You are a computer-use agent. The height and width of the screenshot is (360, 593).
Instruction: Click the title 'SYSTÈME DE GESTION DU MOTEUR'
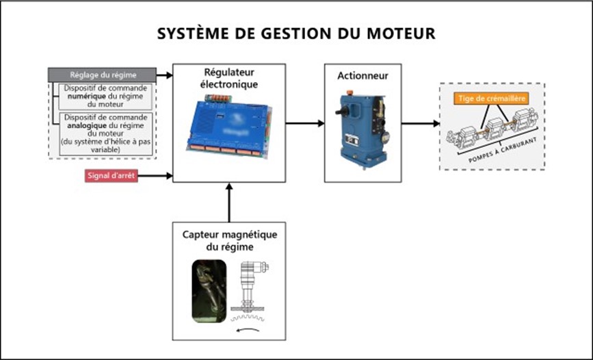296,34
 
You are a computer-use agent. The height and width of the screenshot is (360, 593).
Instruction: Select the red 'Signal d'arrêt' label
111,176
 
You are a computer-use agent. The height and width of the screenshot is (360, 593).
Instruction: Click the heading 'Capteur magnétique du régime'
229,240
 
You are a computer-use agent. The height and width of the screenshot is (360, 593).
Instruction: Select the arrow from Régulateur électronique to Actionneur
304,123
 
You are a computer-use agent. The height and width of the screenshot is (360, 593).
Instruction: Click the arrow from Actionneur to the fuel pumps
421,124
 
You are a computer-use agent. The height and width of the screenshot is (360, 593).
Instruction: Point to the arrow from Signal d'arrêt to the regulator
157,176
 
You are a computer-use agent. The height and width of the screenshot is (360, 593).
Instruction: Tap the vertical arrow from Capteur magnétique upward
229,202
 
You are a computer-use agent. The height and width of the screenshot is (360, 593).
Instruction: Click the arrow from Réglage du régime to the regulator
164,75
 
